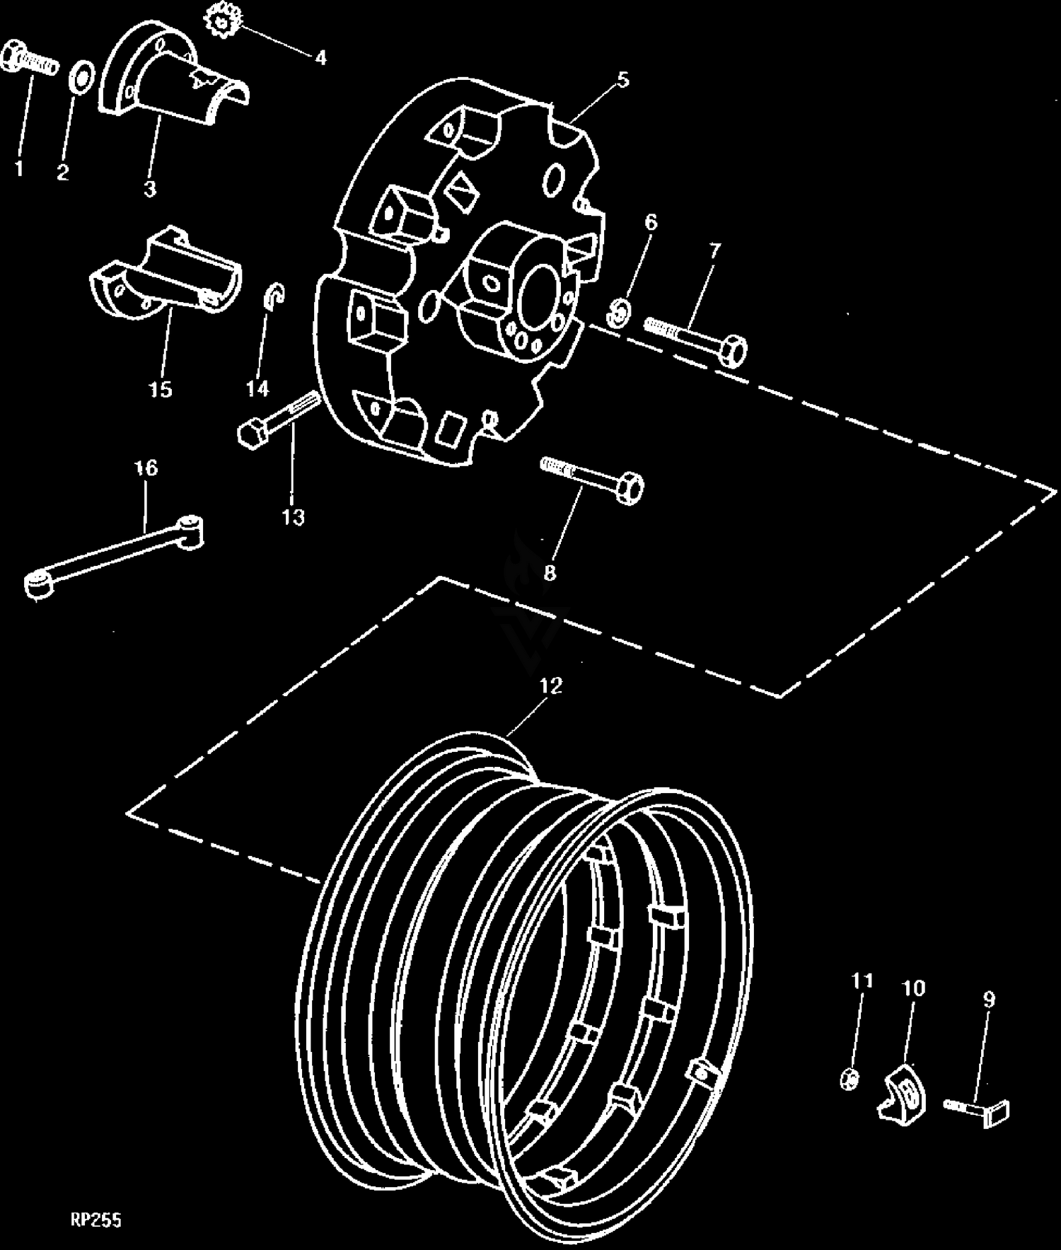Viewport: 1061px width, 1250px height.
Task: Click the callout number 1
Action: (x=19, y=169)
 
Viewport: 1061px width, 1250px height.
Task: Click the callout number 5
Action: (x=622, y=79)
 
